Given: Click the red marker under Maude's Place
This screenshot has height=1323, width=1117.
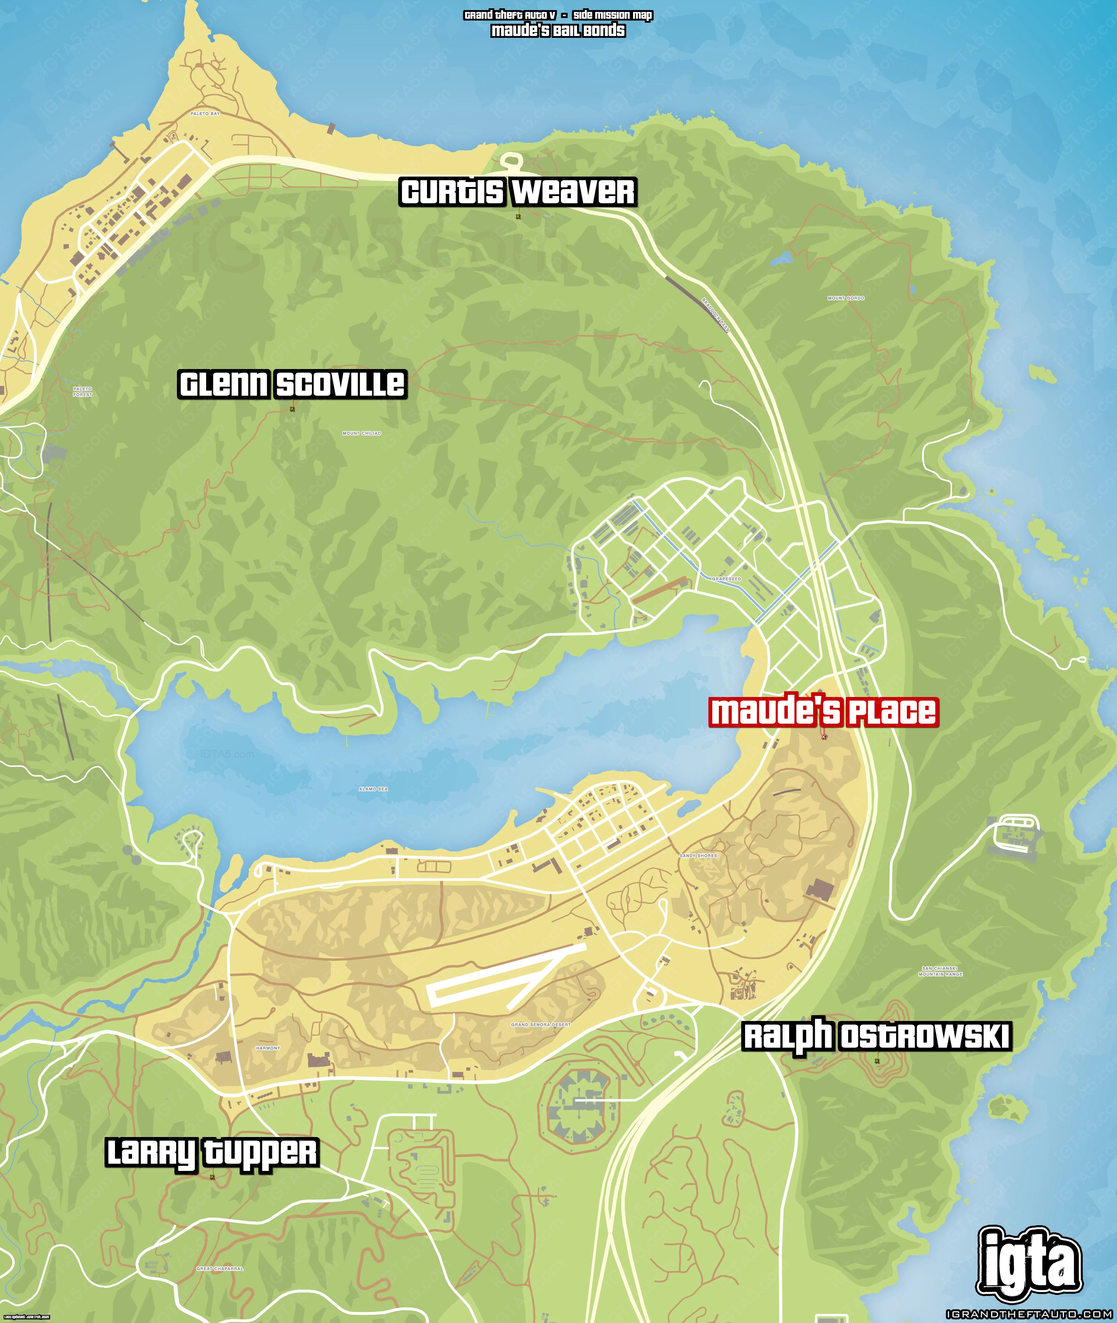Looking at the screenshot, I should coord(824,737).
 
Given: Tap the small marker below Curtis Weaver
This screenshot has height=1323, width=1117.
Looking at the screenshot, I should coord(518,217).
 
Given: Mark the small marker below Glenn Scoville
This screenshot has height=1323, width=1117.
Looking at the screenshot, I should coord(292,409).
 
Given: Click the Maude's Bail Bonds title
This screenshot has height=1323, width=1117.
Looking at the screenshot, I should coord(558,30).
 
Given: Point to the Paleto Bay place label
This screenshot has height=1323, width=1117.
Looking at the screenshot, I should coord(205,114).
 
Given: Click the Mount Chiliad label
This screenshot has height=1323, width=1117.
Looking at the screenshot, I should coord(361,433).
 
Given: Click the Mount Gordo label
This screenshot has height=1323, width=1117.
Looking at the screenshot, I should coord(845,298).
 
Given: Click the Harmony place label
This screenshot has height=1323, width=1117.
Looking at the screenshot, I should coord(268,1048).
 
